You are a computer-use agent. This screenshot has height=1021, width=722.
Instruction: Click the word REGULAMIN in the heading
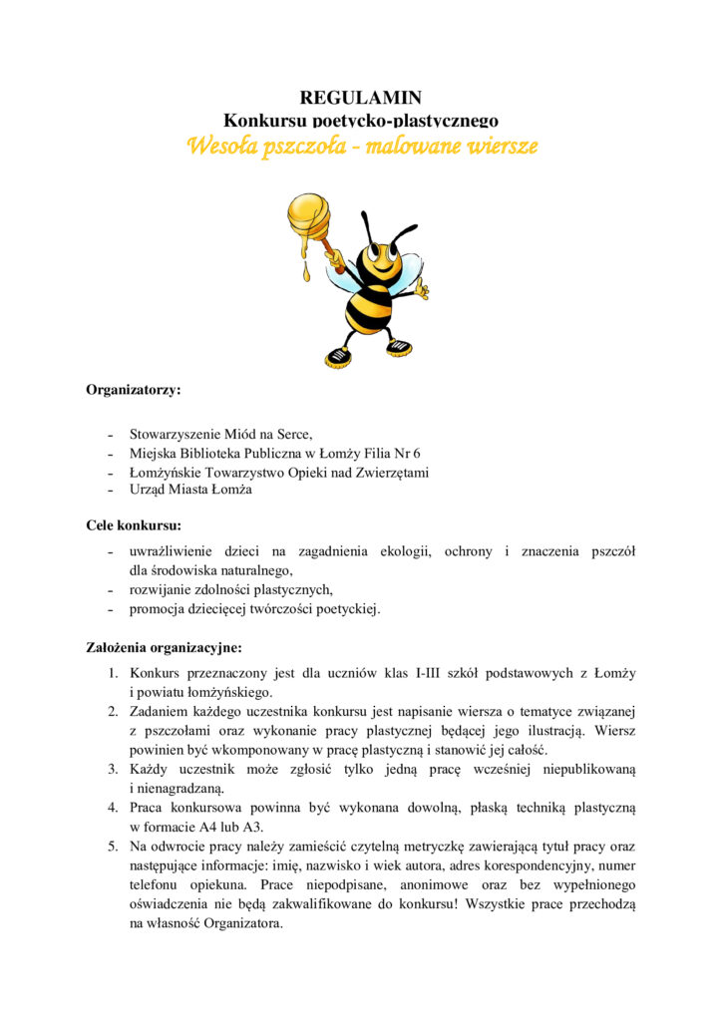pos(361,97)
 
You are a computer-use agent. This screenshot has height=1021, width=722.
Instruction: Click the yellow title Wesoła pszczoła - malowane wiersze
pos(362,147)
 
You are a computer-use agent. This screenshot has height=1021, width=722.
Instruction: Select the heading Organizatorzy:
pos(134,390)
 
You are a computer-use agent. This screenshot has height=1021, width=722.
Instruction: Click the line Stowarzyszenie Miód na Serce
pos(220,435)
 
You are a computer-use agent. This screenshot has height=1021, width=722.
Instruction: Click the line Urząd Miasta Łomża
pos(190,490)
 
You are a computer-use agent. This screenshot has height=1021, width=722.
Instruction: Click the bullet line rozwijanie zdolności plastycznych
pos(231,589)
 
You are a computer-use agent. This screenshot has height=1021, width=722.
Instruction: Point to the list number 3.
pos(114,769)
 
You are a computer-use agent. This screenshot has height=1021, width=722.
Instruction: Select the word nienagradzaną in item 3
pos(171,788)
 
